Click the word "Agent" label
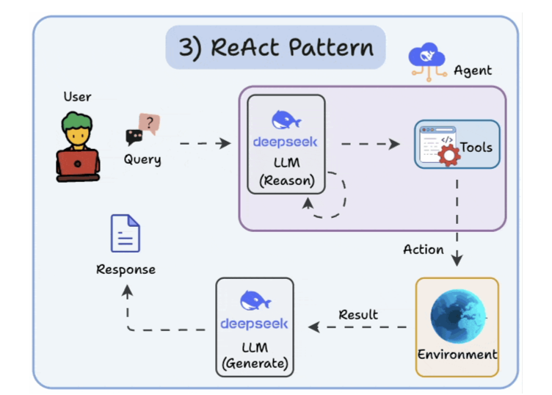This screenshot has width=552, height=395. pyautogui.click(x=473, y=71)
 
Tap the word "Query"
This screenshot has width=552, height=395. pyautogui.click(x=142, y=159)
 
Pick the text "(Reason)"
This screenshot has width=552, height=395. pyautogui.click(x=286, y=181)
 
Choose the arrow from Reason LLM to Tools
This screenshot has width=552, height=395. pyautogui.click(x=370, y=144)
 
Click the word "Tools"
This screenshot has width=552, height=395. pyautogui.click(x=476, y=147)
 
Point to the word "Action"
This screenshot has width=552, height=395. pyautogui.click(x=424, y=250)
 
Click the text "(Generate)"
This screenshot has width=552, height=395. pyautogui.click(x=255, y=363)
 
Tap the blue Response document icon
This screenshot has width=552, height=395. pyautogui.click(x=126, y=233)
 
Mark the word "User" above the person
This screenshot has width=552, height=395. pyautogui.click(x=77, y=96)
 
